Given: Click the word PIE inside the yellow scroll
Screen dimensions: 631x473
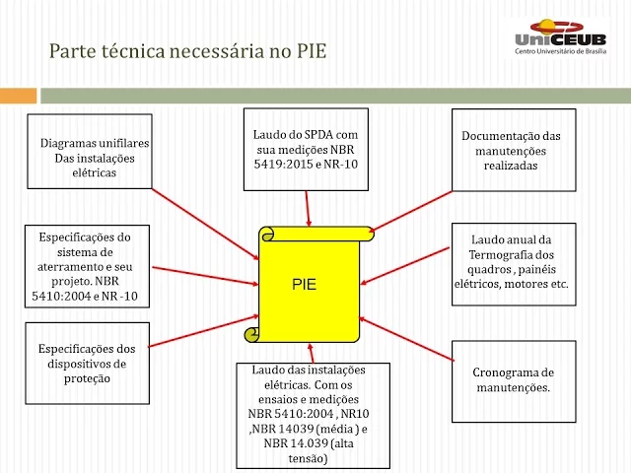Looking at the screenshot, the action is pos(305,285).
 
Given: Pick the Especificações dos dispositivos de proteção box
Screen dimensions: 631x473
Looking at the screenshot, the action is pos(87,363).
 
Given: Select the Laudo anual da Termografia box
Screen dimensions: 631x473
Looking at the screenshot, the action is pos(511,261).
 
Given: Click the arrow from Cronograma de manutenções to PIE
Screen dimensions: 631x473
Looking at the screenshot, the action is pos(404,341).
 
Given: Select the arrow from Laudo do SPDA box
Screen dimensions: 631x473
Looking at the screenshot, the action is pos(309,208).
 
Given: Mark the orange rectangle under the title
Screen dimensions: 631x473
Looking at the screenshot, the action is pos(19,96).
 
